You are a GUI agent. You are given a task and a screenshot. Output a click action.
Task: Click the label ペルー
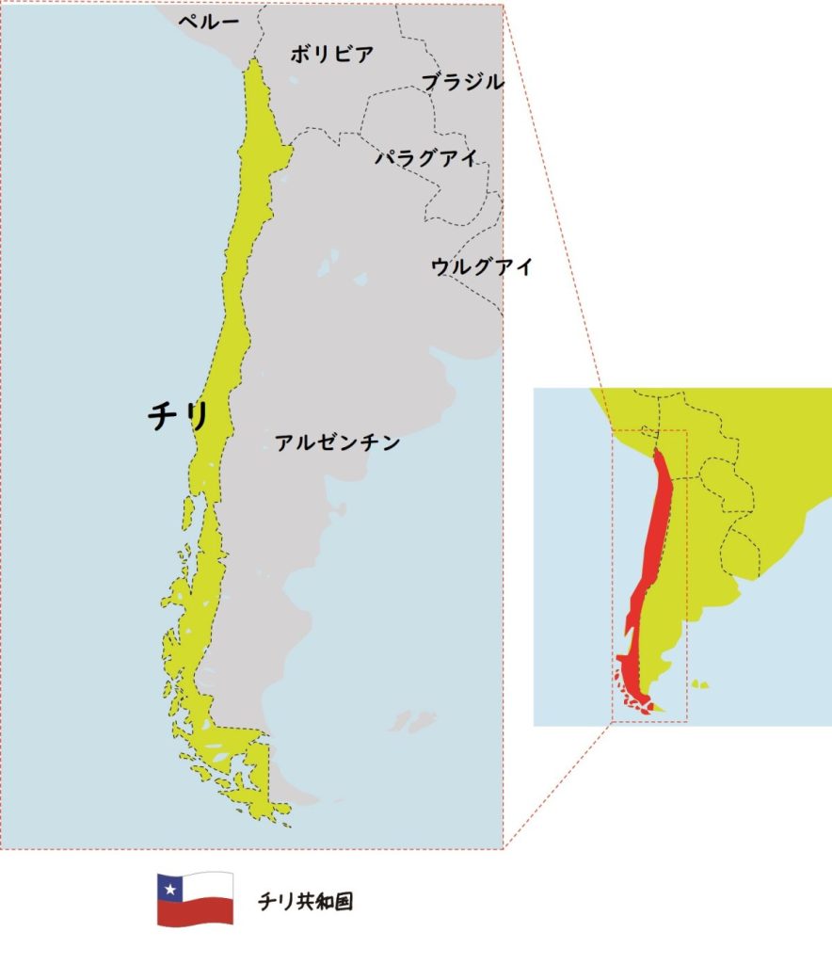209,22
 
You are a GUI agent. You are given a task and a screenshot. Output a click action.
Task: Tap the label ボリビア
331,55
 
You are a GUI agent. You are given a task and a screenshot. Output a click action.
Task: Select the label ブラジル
462,82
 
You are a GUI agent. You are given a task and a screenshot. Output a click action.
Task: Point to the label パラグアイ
426,157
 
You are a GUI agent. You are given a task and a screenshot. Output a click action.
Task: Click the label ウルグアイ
482,266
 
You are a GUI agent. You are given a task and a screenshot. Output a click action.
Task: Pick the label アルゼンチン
338,442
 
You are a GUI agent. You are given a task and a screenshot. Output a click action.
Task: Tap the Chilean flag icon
195,899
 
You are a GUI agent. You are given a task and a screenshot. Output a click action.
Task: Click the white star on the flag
169,887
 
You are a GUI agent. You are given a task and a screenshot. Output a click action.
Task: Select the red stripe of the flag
196,912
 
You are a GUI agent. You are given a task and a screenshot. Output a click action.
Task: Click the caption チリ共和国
306,902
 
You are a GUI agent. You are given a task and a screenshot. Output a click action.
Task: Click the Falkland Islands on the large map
412,722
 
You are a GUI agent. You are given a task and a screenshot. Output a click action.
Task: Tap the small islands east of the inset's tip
698,684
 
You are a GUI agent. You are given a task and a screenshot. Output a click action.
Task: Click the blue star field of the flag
169,887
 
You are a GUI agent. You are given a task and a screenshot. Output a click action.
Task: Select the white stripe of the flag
209,886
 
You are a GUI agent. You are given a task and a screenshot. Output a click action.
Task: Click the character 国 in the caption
344,902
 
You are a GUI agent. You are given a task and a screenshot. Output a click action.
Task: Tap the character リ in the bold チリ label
195,416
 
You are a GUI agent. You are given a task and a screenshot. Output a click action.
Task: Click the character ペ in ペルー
187,22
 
